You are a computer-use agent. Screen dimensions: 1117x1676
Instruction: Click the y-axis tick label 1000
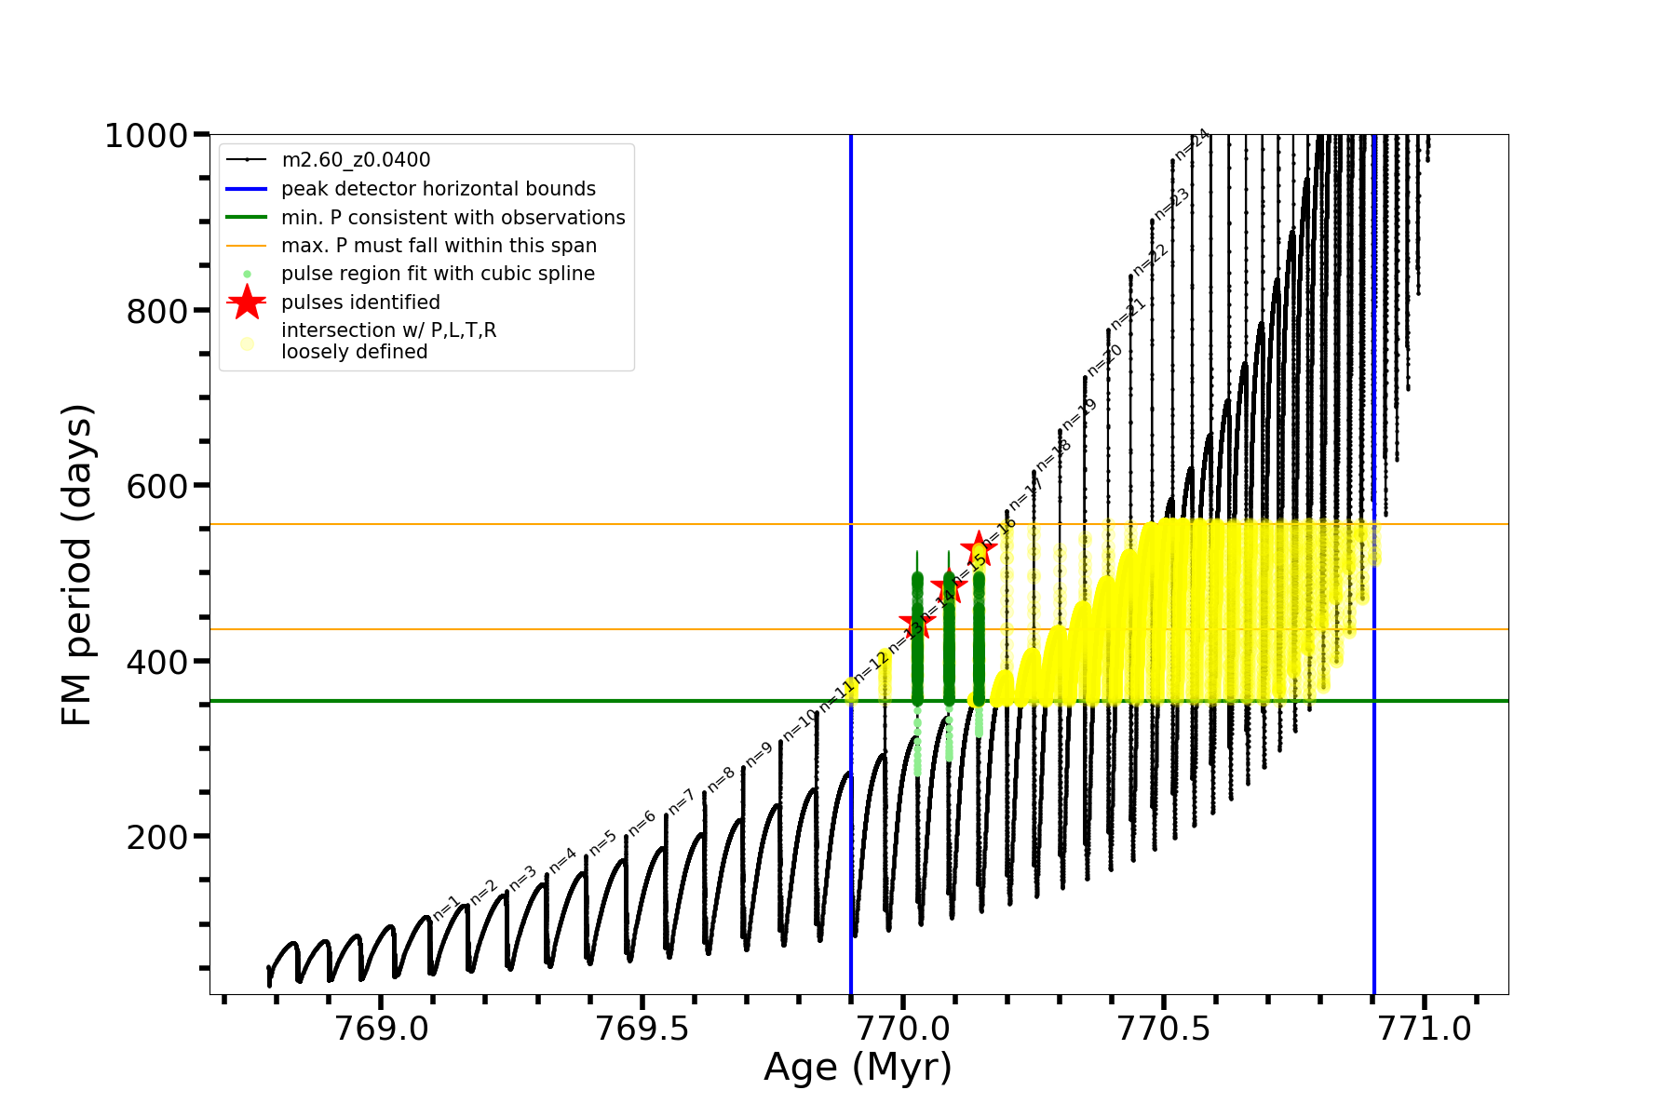click(x=146, y=137)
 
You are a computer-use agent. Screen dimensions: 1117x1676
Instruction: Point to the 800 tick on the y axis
click(x=157, y=312)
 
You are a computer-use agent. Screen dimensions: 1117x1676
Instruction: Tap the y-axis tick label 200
click(x=157, y=838)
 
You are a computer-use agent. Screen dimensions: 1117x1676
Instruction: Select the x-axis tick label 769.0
click(x=381, y=1028)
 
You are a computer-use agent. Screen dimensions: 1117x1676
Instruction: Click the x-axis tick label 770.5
click(x=1164, y=1028)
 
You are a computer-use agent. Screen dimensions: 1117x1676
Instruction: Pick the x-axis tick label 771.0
click(x=1425, y=1028)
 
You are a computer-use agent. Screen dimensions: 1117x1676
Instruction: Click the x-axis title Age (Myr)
click(x=858, y=1068)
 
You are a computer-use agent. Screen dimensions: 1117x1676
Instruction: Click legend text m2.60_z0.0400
click(x=356, y=160)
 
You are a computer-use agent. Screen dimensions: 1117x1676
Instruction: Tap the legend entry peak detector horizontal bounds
click(x=439, y=189)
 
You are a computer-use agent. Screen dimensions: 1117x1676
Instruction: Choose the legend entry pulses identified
click(x=360, y=303)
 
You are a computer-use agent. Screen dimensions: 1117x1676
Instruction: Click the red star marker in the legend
click(x=247, y=302)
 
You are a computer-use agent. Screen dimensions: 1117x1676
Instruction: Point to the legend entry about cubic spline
click(x=438, y=274)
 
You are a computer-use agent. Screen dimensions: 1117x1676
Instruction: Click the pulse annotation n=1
click(x=447, y=908)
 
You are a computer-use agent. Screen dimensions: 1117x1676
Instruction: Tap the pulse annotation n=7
click(x=682, y=801)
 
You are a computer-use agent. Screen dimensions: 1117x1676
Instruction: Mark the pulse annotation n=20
click(x=1105, y=359)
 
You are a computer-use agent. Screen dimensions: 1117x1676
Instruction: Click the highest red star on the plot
click(x=979, y=548)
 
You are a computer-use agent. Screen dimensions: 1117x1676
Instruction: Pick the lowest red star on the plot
click(x=917, y=624)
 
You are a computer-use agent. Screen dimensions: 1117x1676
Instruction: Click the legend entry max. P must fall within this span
click(x=439, y=246)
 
